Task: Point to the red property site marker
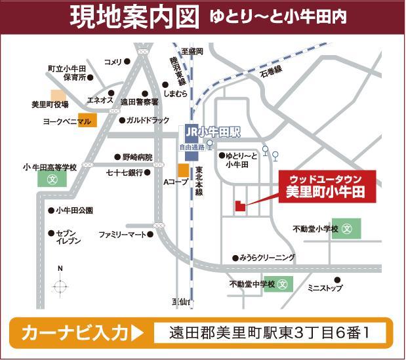point(239,205)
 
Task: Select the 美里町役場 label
point(50,104)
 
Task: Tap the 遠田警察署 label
point(139,102)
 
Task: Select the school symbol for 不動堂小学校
point(348,230)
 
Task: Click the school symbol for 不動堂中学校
point(283,285)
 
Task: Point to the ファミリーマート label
point(122,234)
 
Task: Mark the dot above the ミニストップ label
point(336,280)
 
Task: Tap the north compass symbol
point(60,285)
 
